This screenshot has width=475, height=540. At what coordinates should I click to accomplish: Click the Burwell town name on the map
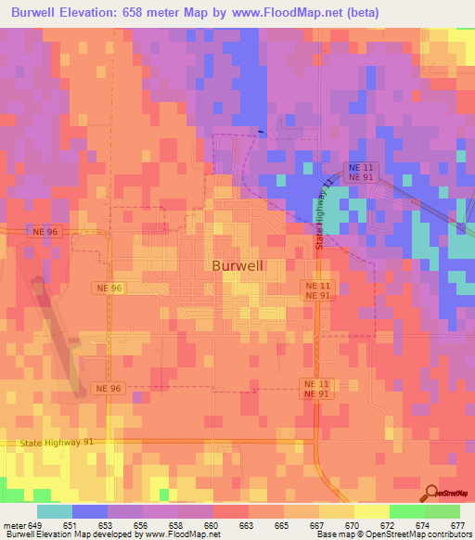[238, 265]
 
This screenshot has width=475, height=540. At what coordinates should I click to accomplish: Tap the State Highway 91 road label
[56, 444]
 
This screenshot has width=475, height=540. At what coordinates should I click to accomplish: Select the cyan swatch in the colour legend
[55, 511]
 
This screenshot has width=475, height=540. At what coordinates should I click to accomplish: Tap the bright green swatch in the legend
[406, 511]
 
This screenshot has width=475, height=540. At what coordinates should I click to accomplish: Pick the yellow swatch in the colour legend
[371, 511]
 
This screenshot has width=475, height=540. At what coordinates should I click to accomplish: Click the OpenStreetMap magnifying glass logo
[430, 492]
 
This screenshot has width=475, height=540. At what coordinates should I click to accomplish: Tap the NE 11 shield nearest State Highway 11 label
[359, 167]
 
